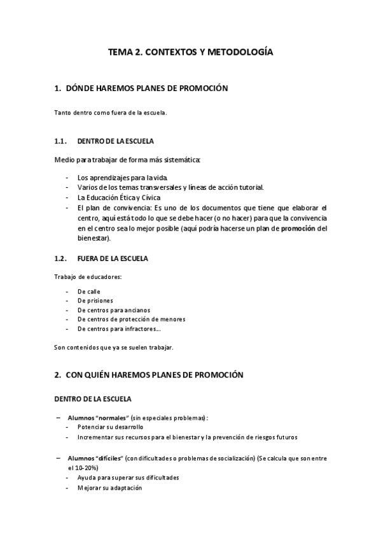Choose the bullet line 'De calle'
pyautogui.click(x=88, y=290)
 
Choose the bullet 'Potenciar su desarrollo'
pyautogui.click(x=110, y=427)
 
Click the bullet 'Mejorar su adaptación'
pyautogui.click(x=109, y=488)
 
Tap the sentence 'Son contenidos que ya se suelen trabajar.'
pyautogui.click(x=113, y=348)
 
